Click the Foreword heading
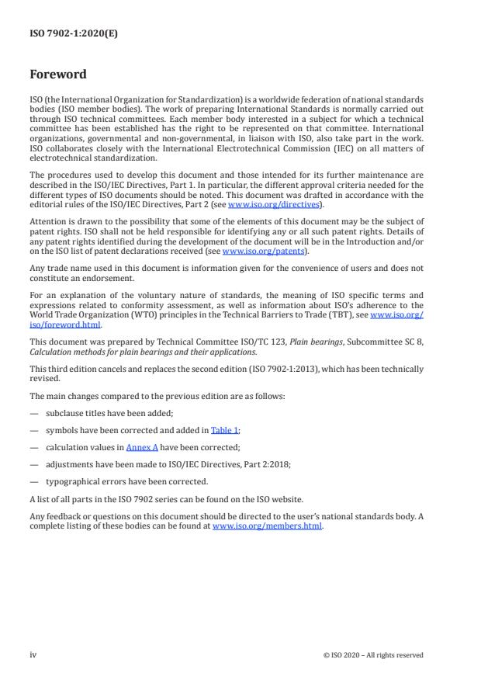[x=58, y=75]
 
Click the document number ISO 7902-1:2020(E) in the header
[x=74, y=34]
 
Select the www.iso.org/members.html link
[x=268, y=526]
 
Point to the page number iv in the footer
[x=33, y=655]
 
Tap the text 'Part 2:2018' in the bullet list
[x=230, y=463]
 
